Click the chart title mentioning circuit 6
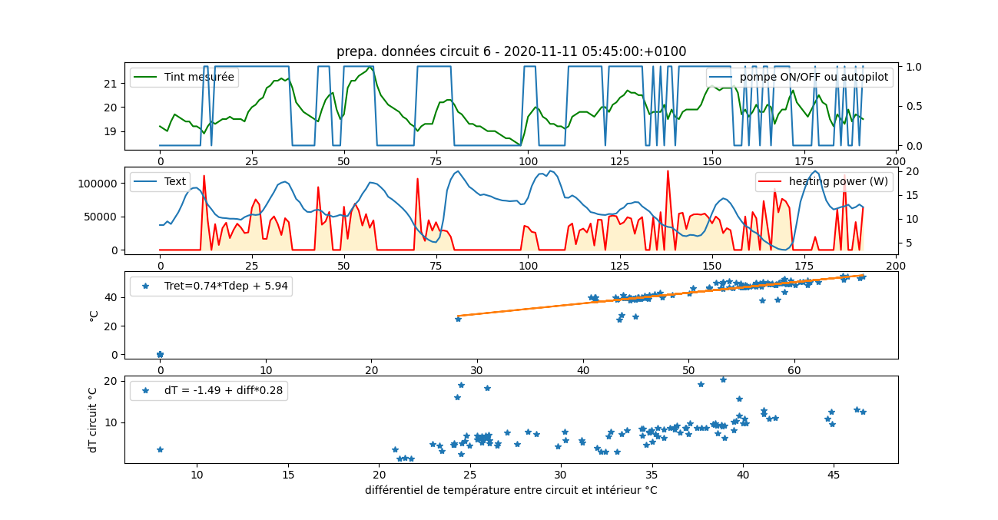[x=511, y=51]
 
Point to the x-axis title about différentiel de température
[x=511, y=490]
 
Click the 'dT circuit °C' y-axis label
[x=93, y=419]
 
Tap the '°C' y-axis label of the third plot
[x=94, y=315]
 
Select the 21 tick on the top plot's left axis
[x=111, y=83]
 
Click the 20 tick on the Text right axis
[x=911, y=171]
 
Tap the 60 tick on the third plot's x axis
[x=794, y=370]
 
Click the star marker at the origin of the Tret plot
[x=160, y=354]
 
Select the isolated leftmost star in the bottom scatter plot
[x=160, y=449]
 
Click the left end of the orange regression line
[x=459, y=316]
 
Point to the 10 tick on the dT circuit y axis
[x=111, y=422]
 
